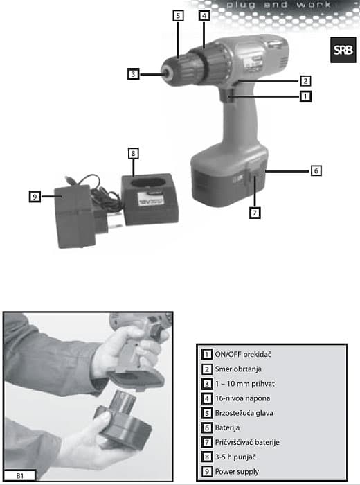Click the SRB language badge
pos(343,50)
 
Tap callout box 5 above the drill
pos(178,16)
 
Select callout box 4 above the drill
pos(204,16)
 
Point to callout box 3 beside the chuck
pos(133,74)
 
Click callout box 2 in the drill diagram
pos(305,81)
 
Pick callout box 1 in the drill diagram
pos(305,96)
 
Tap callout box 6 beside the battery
pos(316,170)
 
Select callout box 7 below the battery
pos(255,213)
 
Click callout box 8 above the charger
pos(133,153)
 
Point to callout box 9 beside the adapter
pos(35,196)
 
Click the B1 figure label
pos(20,476)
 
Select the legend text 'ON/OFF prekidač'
pos(243,355)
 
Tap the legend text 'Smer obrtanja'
pos(238,369)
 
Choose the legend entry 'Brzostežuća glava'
pos(244,413)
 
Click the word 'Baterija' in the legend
pos(228,427)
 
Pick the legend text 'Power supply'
pos(237,472)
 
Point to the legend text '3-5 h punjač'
pos(235,457)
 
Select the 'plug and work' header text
pos(279,5)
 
